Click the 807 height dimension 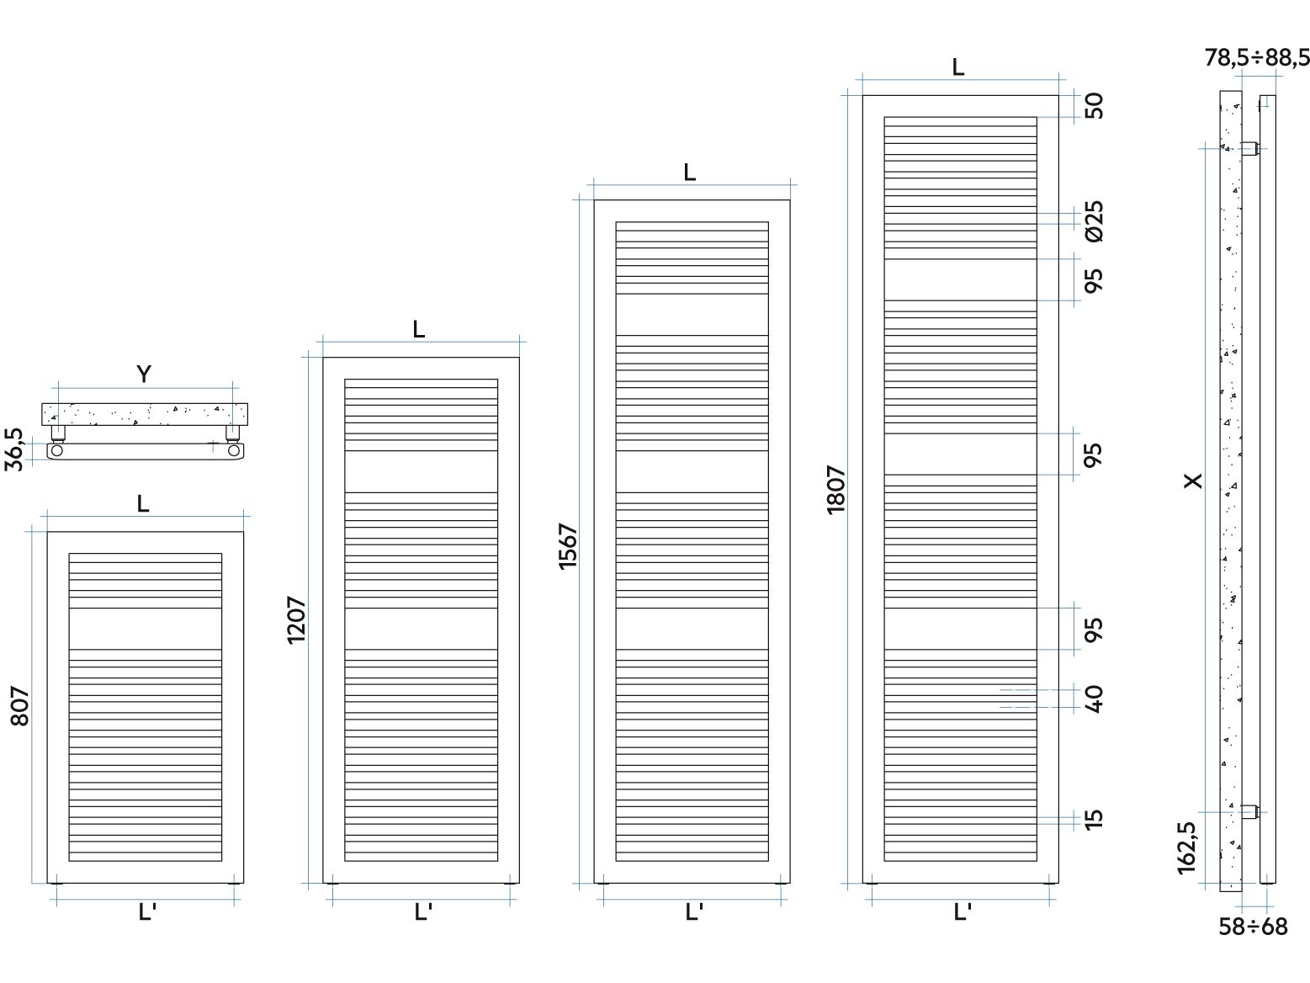pos(19,706)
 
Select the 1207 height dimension pos(296,620)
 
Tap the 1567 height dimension pos(568,547)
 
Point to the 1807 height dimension pos(836,490)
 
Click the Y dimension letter pos(144,374)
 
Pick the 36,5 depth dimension pos(13,449)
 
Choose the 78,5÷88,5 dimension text pos(1257,57)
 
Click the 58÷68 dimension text pos(1253,927)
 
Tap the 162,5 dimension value pos(1187,848)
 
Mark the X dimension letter pos(1193,481)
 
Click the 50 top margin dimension pos(1094,106)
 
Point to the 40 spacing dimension pos(1094,699)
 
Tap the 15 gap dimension pos(1094,819)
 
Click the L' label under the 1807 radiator pos(962,912)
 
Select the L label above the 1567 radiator pos(689,173)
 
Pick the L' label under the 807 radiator pos(146,912)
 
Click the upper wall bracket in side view pos(1250,148)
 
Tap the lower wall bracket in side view pos(1250,811)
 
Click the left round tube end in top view pos(56,450)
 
